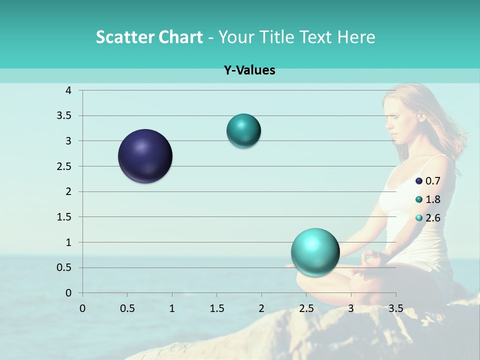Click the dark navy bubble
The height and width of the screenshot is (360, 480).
click(145, 156)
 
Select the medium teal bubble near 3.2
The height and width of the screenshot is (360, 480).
click(243, 131)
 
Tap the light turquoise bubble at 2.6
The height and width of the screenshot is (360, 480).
click(315, 252)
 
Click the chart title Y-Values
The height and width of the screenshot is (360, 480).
click(249, 70)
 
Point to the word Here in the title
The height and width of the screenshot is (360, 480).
click(355, 37)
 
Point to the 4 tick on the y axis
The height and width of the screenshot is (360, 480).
click(68, 90)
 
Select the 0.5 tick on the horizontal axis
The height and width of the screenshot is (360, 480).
click(127, 308)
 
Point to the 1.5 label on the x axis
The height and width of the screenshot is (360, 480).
click(217, 308)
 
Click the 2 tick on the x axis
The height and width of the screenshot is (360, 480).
click(261, 308)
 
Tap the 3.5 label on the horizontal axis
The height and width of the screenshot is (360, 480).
click(396, 308)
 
